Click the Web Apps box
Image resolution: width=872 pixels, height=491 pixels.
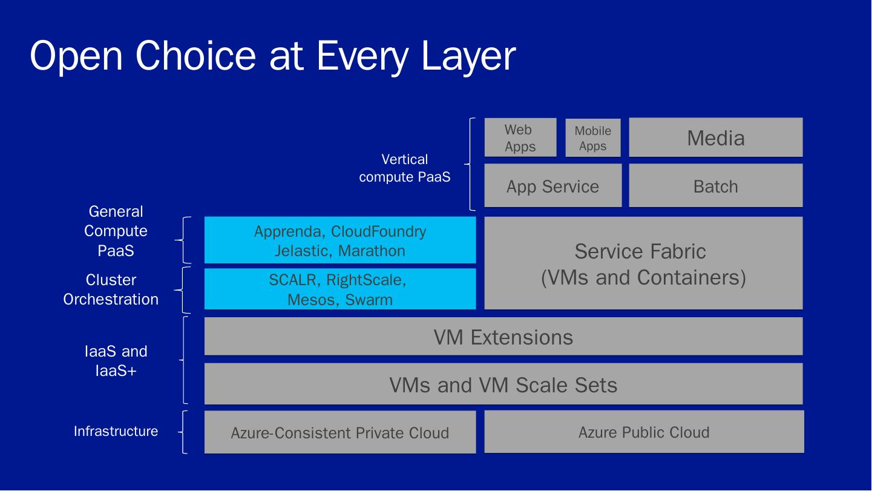pos(520,138)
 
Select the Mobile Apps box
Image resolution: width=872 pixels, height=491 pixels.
pos(592,138)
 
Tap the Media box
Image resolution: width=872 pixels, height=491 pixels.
pos(715,138)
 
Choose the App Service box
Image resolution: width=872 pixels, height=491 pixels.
pos(552,186)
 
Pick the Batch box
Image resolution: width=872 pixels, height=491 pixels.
pos(715,186)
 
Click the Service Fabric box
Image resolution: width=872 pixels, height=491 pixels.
pos(643,263)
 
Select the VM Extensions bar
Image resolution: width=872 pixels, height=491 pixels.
pos(503,337)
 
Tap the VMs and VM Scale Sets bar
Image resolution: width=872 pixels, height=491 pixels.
pos(503,384)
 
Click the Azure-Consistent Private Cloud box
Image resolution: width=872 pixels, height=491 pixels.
pos(339,432)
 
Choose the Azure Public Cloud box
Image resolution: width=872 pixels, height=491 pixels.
pos(643,432)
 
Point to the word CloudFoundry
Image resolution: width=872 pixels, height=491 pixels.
pos(378,231)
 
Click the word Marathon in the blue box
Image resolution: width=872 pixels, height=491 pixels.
pos(372,251)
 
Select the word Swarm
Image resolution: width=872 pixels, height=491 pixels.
pos(369,299)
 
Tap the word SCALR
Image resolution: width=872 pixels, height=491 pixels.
pos(294,280)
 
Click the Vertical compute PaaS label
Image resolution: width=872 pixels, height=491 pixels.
pos(404,168)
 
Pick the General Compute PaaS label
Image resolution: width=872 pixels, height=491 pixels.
pos(116,231)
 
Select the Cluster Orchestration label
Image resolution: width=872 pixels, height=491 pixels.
pos(111,289)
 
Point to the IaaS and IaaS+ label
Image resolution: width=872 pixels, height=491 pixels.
pos(116,361)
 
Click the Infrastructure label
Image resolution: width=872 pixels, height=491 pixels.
pos(116,431)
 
